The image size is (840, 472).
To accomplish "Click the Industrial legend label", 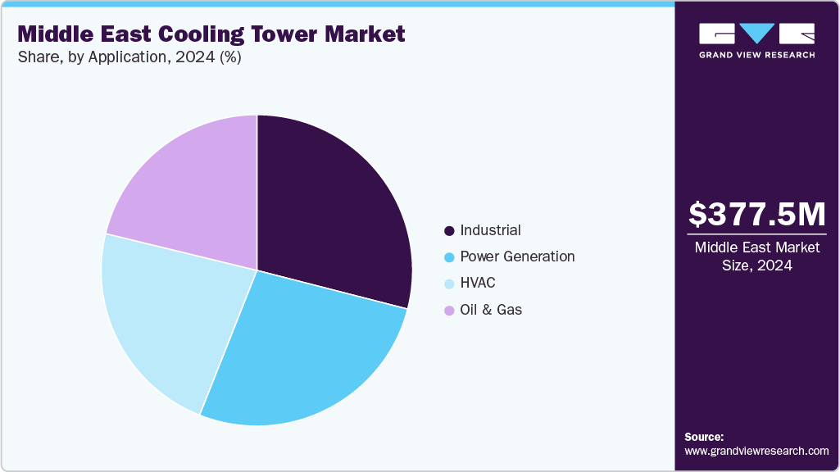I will [x=490, y=230].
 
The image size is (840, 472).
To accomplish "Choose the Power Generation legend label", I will [x=517, y=256].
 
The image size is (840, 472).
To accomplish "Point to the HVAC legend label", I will [x=478, y=283].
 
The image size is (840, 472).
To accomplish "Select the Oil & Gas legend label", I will [x=491, y=310].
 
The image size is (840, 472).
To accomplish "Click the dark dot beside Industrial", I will [x=448, y=231].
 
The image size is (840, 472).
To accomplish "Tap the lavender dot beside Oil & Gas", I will [x=448, y=311].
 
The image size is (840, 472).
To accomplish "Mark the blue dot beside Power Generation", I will [x=448, y=257].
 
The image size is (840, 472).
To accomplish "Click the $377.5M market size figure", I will [x=756, y=215].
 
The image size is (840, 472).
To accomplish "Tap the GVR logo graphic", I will [x=756, y=33].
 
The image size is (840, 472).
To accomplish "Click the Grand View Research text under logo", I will [x=756, y=55].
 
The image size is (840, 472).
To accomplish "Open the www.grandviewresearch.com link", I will [x=756, y=452].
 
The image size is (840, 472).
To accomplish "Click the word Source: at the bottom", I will [x=704, y=437].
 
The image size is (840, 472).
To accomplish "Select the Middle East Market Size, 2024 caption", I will [x=756, y=256].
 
